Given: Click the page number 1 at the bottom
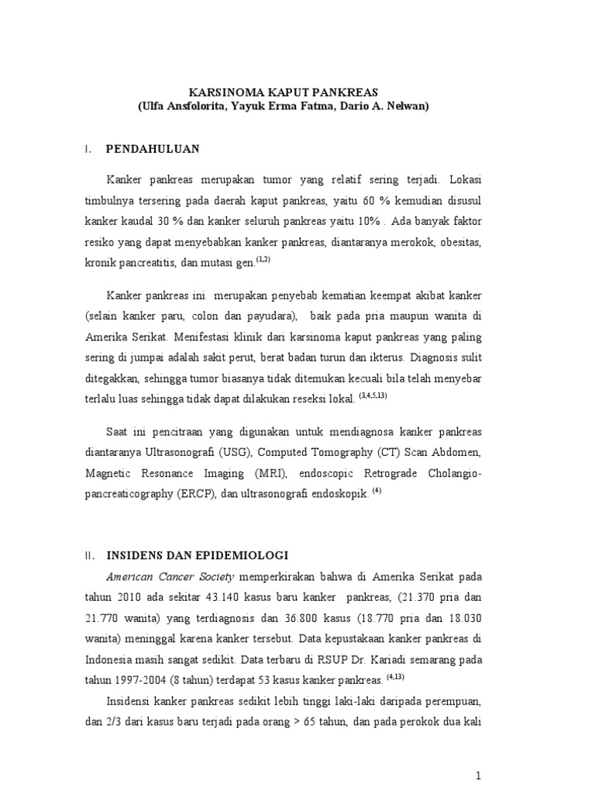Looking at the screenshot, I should pyautogui.click(x=479, y=754).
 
